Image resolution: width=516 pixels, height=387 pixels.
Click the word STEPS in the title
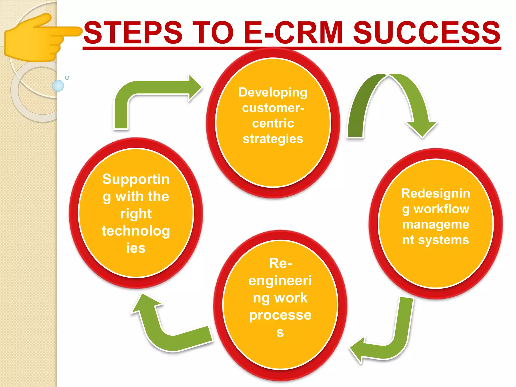tap(133, 33)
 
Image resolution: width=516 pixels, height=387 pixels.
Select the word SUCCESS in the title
tap(427, 33)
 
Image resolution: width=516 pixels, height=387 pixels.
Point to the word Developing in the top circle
tap(273, 92)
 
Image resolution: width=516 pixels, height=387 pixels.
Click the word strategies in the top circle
tap(273, 139)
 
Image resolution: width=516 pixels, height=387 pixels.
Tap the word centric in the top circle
tap(273, 123)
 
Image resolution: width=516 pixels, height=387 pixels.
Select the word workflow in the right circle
tap(441, 209)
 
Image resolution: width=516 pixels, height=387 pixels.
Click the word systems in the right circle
tap(443, 240)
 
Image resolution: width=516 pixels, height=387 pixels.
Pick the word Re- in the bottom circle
tap(280, 263)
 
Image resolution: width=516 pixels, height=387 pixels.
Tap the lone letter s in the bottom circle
tap(280, 333)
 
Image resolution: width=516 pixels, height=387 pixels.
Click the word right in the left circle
tap(136, 214)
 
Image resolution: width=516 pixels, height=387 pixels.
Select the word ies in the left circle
tap(136, 248)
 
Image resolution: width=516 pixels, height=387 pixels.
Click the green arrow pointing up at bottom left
tap(161, 330)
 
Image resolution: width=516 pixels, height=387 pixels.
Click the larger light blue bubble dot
tap(58, 86)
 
